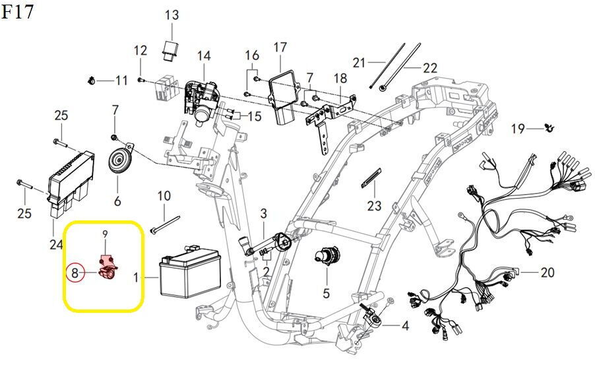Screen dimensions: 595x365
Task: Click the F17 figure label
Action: point(17,11)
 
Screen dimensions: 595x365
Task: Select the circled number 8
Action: point(75,273)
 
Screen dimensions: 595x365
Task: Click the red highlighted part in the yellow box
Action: point(108,269)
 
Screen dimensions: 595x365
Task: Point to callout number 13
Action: point(172,15)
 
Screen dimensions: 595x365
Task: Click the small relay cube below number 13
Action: point(170,49)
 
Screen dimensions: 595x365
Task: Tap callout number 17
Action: point(280,48)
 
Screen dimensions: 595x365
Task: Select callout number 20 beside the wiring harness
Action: point(548,273)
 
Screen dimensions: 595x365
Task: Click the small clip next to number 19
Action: point(548,128)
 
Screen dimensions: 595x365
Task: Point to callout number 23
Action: point(374,205)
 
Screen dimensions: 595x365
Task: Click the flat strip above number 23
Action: point(371,177)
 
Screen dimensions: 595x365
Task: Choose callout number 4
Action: point(405,325)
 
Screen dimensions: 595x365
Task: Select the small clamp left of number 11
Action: point(90,81)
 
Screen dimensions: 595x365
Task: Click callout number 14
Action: point(204,56)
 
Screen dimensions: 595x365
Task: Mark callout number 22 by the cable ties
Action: point(430,68)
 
